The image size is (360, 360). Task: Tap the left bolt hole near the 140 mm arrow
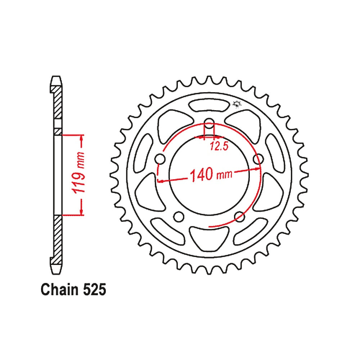point(161,158)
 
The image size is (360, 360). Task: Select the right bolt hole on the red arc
point(257,158)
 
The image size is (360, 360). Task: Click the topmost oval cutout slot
point(210,106)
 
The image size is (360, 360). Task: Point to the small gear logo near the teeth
point(237,104)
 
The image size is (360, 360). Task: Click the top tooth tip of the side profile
point(56,78)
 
